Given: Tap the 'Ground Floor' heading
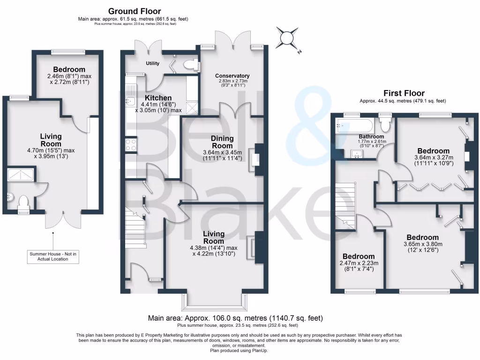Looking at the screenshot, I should pyautogui.click(x=135, y=11).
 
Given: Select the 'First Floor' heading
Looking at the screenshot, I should pyautogui.click(x=404, y=93).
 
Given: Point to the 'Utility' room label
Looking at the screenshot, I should pyautogui.click(x=153, y=63).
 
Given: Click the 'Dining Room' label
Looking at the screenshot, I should pyautogui.click(x=222, y=142).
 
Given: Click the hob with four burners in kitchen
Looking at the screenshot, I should pyautogui.click(x=131, y=145).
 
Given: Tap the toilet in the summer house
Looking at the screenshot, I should pyautogui.click(x=23, y=202).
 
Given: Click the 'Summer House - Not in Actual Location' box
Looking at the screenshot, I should pyautogui.click(x=53, y=256).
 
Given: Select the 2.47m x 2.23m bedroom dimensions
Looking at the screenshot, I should pyautogui.click(x=359, y=266).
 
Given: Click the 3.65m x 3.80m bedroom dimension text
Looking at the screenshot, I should pyautogui.click(x=423, y=247).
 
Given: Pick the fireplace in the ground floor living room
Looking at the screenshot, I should pyautogui.click(x=254, y=246).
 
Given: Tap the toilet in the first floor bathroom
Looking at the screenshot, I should pyautogui.click(x=386, y=125).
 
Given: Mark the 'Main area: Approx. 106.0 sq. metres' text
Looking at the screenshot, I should pyautogui.click(x=235, y=318).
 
